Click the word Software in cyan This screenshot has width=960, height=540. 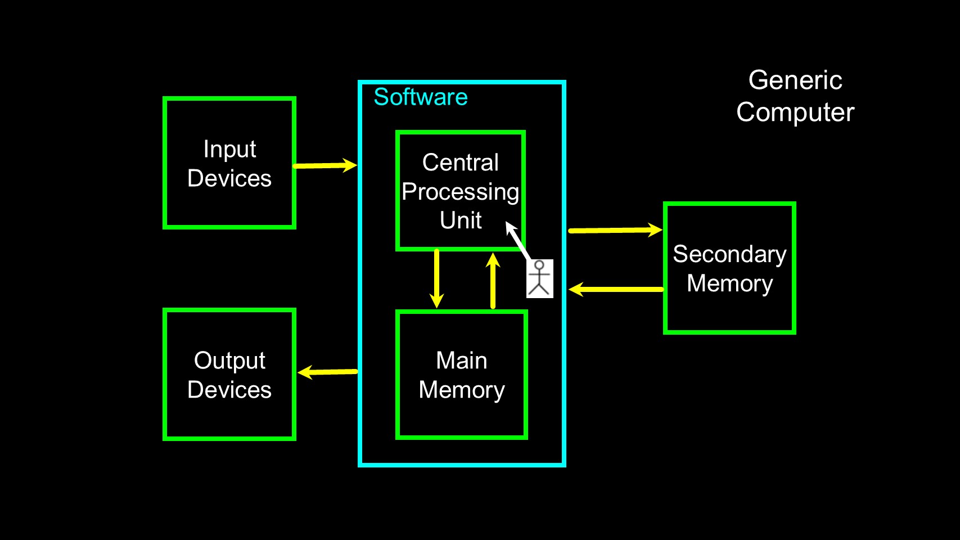pyautogui.click(x=421, y=97)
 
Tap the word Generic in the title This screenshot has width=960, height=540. pyautogui.click(x=795, y=80)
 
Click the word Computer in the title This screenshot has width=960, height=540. pyautogui.click(x=795, y=112)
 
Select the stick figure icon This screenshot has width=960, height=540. pyautogui.click(x=540, y=278)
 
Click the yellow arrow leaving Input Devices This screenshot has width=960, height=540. pyautogui.click(x=325, y=165)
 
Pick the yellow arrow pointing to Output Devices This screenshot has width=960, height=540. pyautogui.click(x=328, y=372)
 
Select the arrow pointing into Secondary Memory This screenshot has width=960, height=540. pyautogui.click(x=615, y=230)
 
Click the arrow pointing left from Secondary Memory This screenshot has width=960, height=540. pyautogui.click(x=616, y=289)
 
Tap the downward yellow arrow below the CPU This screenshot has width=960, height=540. pyautogui.click(x=436, y=278)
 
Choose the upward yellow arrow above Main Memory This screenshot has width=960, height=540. pyautogui.click(x=493, y=281)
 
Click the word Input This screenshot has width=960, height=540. pyautogui.click(x=229, y=150)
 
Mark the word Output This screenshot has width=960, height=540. pyautogui.click(x=229, y=361)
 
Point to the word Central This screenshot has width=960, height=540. pyautogui.click(x=461, y=163)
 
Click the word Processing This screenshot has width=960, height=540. pyautogui.click(x=461, y=192)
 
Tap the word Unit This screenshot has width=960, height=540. pyautogui.click(x=461, y=220)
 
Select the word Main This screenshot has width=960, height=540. pyautogui.click(x=462, y=361)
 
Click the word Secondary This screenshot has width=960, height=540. pyautogui.click(x=729, y=254)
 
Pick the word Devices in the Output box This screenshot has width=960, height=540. pyautogui.click(x=229, y=390)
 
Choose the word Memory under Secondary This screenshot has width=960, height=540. pyautogui.click(x=729, y=283)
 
